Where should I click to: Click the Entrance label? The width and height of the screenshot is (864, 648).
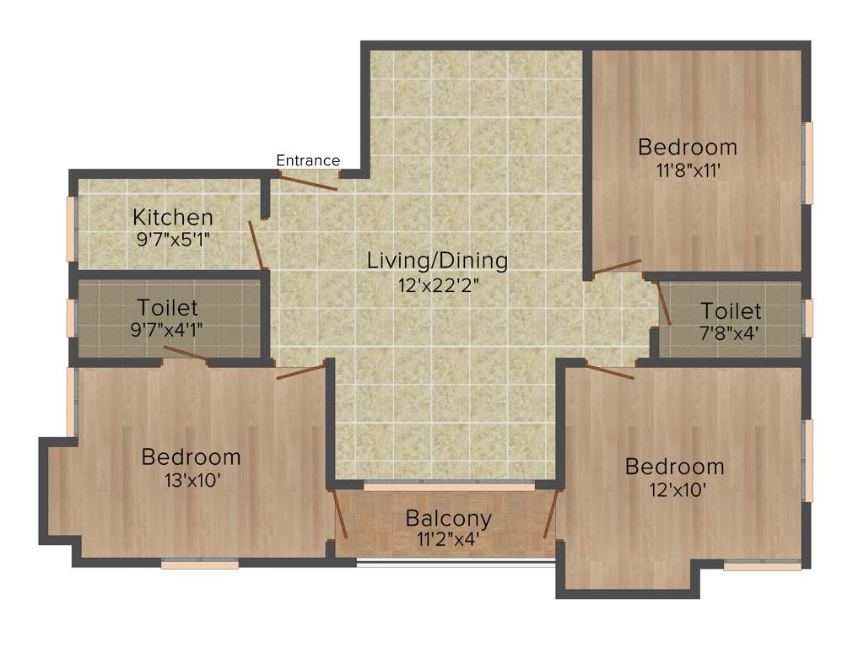tap(308, 160)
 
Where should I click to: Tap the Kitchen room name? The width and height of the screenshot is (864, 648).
tap(172, 218)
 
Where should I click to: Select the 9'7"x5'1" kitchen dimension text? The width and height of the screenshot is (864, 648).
tap(172, 239)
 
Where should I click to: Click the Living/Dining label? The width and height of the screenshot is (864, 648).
tap(437, 261)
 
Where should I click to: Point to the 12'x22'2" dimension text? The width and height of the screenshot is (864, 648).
tap(437, 285)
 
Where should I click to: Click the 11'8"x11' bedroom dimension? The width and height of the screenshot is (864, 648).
tap(687, 170)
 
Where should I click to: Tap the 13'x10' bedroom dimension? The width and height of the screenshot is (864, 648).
tap(191, 480)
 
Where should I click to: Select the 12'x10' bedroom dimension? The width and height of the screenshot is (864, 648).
tap(674, 489)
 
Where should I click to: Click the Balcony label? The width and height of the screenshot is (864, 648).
tap(448, 517)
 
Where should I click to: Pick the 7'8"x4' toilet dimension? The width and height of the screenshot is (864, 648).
tap(731, 333)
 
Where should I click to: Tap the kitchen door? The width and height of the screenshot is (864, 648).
tap(256, 245)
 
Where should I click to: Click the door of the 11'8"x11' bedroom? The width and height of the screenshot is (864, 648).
tap(617, 267)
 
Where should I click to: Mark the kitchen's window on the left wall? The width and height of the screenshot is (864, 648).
tap(72, 229)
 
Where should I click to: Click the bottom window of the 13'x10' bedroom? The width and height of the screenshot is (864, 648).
tap(200, 564)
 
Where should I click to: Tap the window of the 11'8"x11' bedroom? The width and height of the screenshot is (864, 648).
tap(807, 163)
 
